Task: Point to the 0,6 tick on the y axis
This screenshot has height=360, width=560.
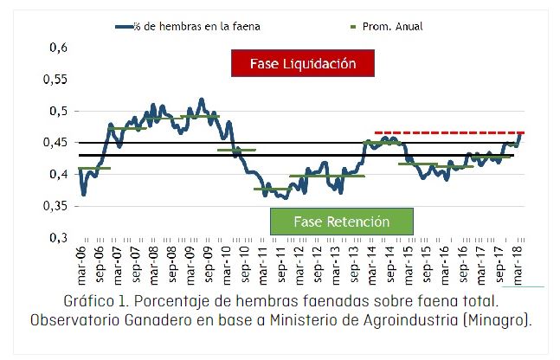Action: coord(56,48)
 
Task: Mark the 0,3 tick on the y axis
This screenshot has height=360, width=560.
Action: coord(56,237)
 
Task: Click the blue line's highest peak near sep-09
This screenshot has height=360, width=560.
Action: coord(201,100)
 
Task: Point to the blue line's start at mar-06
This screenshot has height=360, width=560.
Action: coord(79,170)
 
